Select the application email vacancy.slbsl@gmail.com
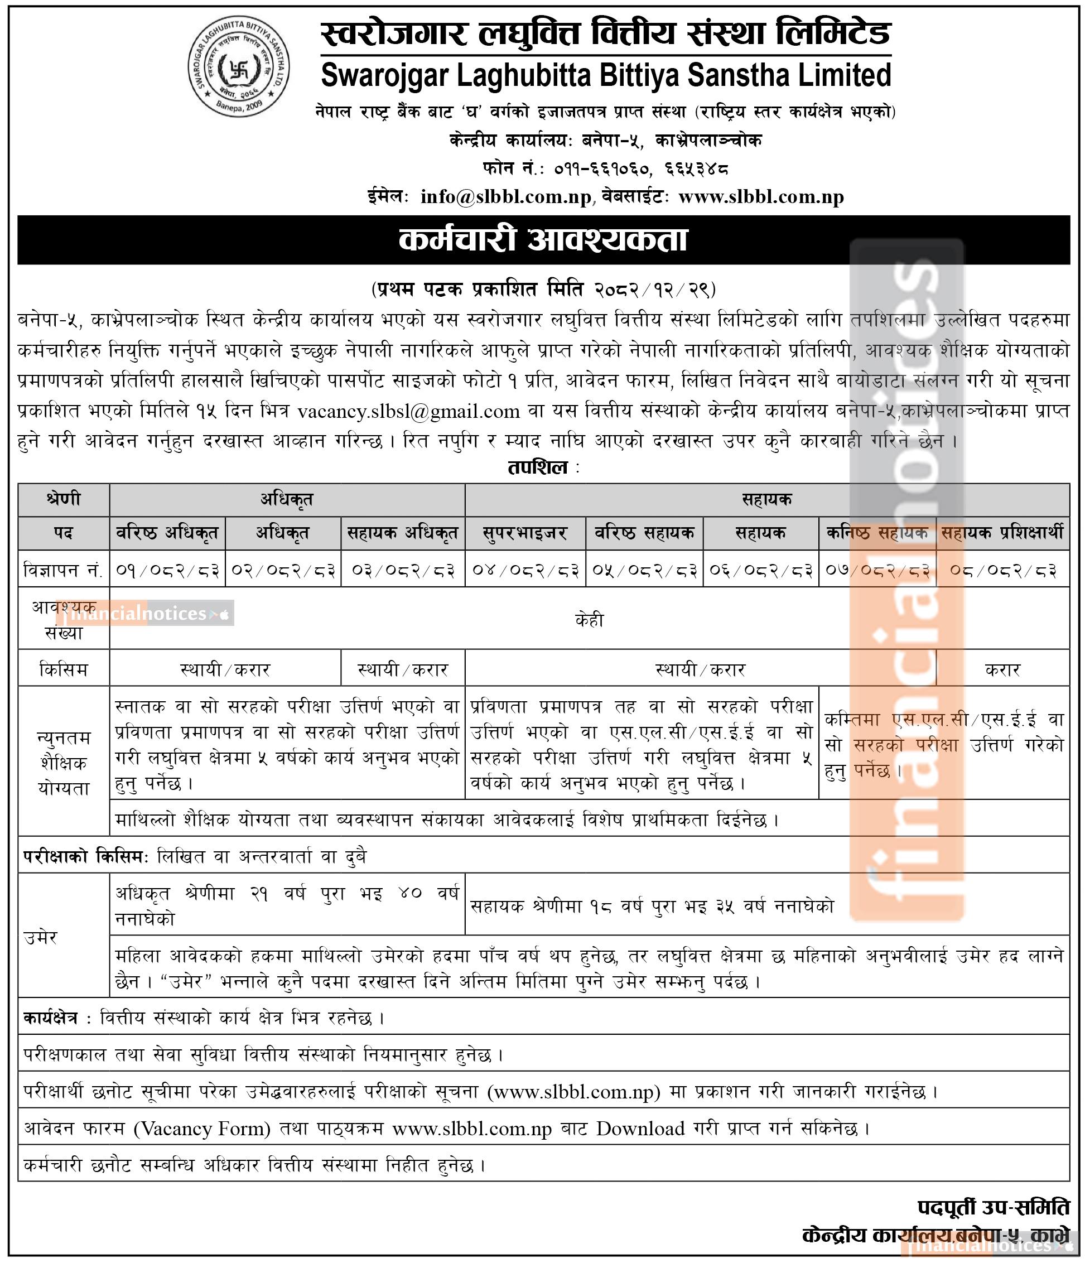(408, 412)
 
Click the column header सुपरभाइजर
(525, 533)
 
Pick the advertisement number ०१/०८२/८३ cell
(167, 570)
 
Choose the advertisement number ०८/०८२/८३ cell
(1002, 570)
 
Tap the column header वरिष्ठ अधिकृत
(167, 533)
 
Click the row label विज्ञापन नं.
(64, 570)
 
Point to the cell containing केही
(589, 620)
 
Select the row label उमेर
(41, 937)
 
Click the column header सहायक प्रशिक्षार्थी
(1002, 533)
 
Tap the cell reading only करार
(1002, 670)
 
